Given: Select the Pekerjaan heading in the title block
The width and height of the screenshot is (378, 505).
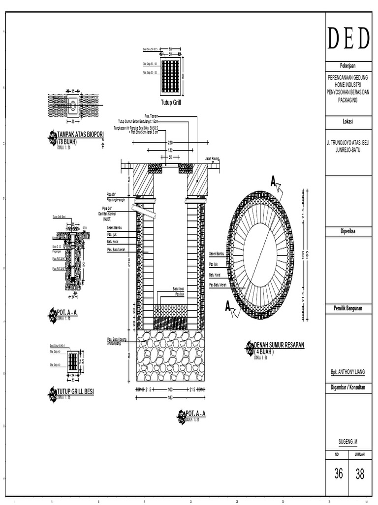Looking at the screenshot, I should [x=348, y=66].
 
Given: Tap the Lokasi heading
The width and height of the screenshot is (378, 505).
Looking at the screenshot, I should [x=348, y=122].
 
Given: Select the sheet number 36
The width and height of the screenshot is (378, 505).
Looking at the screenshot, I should [x=338, y=474].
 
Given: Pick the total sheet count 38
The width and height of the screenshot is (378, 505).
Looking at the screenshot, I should [x=360, y=474].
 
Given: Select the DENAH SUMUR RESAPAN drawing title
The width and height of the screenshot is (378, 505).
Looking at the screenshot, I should [x=279, y=345].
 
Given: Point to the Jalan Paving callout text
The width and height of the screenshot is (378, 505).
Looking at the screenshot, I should [x=211, y=159].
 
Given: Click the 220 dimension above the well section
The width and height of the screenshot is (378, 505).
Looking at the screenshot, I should [x=170, y=142].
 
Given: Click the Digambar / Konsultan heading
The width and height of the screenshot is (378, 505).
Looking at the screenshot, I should [x=348, y=388].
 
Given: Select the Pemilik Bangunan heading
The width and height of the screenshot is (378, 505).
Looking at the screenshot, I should [x=348, y=308].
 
